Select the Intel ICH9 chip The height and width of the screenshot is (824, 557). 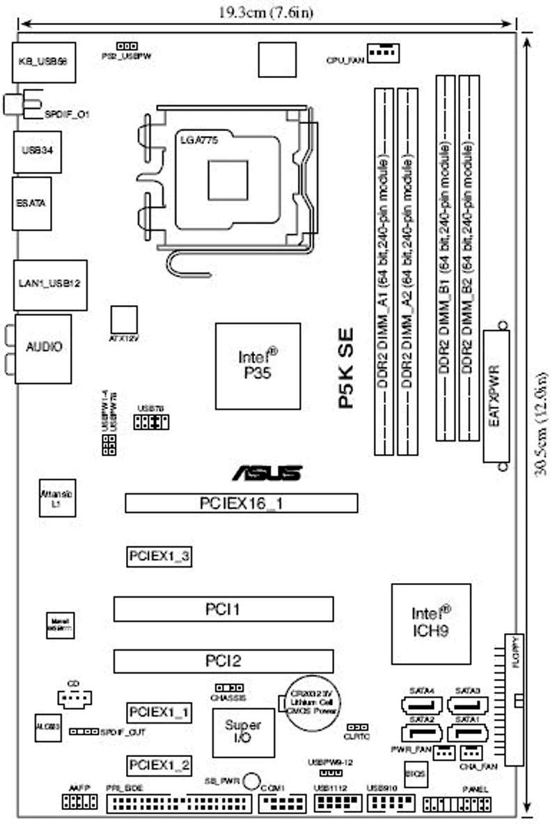430,623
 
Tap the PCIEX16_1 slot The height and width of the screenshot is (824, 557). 241,503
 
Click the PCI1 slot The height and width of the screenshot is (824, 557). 223,609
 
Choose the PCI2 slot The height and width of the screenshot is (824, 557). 223,660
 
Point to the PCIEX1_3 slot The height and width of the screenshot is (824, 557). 159,557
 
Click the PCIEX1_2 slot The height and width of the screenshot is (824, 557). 159,765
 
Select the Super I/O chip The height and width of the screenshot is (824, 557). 243,732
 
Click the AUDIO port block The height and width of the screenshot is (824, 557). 44,347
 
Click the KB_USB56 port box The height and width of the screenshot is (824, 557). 43,61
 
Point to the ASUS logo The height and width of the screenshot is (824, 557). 267,474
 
